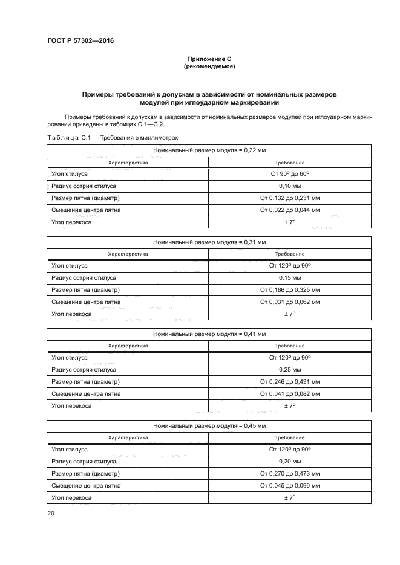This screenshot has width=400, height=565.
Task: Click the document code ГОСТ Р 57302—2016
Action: (80, 41)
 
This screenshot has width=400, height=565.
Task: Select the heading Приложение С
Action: (209, 59)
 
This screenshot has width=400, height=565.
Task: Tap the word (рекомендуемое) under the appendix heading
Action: (209, 66)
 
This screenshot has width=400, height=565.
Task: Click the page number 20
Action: (51, 513)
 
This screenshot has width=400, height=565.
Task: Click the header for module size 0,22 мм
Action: (209, 150)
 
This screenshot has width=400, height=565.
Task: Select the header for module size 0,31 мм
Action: (209, 242)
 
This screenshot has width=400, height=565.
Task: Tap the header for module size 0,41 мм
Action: (209, 334)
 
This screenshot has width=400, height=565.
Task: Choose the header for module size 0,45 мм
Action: (209, 425)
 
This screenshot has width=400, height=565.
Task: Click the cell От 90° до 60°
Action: (290, 174)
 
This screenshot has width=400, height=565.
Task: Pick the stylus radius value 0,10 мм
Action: (290, 186)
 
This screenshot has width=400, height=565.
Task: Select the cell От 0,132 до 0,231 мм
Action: (290, 198)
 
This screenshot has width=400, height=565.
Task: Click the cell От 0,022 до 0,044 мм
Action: (290, 210)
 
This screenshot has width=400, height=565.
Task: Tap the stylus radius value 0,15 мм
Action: (290, 278)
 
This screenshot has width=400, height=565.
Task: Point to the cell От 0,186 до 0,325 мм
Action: (290, 290)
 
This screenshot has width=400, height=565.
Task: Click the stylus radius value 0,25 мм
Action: (290, 370)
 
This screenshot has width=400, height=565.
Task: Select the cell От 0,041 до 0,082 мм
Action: (290, 394)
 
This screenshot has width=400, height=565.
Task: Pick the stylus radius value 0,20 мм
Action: (290, 462)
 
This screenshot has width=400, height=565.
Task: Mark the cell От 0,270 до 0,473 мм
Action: (290, 474)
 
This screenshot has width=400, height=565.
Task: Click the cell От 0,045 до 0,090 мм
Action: (290, 486)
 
